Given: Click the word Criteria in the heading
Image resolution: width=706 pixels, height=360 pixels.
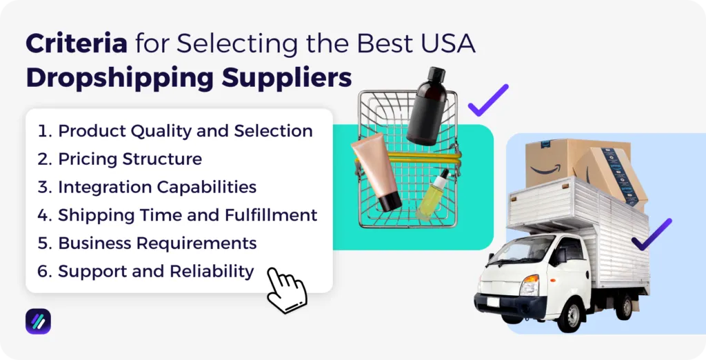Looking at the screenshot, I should [x=76, y=45].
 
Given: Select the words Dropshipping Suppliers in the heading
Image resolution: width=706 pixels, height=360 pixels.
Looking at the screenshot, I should [x=188, y=78].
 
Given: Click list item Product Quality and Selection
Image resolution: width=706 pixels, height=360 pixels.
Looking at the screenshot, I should [x=185, y=131].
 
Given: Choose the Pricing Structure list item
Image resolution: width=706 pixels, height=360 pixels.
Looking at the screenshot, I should [x=130, y=159].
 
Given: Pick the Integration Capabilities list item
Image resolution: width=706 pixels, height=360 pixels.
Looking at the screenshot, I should [x=157, y=187].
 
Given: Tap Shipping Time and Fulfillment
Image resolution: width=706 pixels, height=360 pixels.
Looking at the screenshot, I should [x=188, y=215].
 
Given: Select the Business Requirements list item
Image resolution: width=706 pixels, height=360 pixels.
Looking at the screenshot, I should [x=157, y=243].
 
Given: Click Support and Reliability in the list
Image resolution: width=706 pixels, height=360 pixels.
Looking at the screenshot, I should [x=156, y=271].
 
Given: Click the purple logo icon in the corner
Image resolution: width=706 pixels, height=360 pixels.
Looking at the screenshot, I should [x=38, y=321].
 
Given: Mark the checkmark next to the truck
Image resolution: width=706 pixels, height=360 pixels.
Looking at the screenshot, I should [x=652, y=234].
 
